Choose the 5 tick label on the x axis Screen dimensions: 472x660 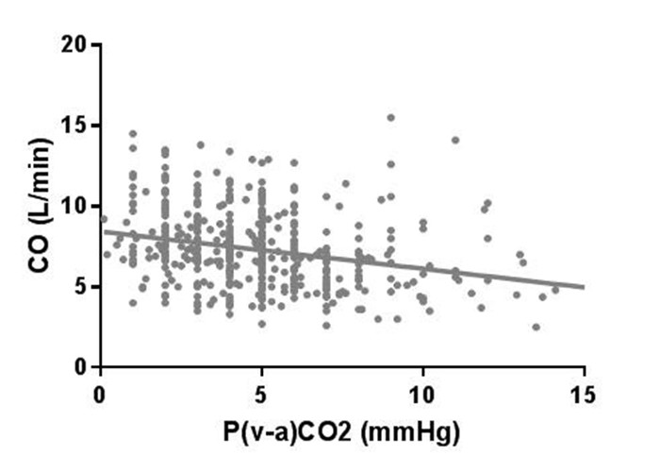pos(262,391)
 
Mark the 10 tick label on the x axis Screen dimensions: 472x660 pos(423,391)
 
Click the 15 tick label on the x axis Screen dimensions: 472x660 pos(584,391)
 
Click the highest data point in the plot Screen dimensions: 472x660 pos(390,118)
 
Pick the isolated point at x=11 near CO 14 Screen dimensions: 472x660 pos(455,140)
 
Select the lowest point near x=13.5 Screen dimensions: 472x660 pos(536,327)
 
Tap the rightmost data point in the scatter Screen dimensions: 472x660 pos(555,289)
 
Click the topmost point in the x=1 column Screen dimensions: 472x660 pos(133,134)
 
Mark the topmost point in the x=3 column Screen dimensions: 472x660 pos(200,145)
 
